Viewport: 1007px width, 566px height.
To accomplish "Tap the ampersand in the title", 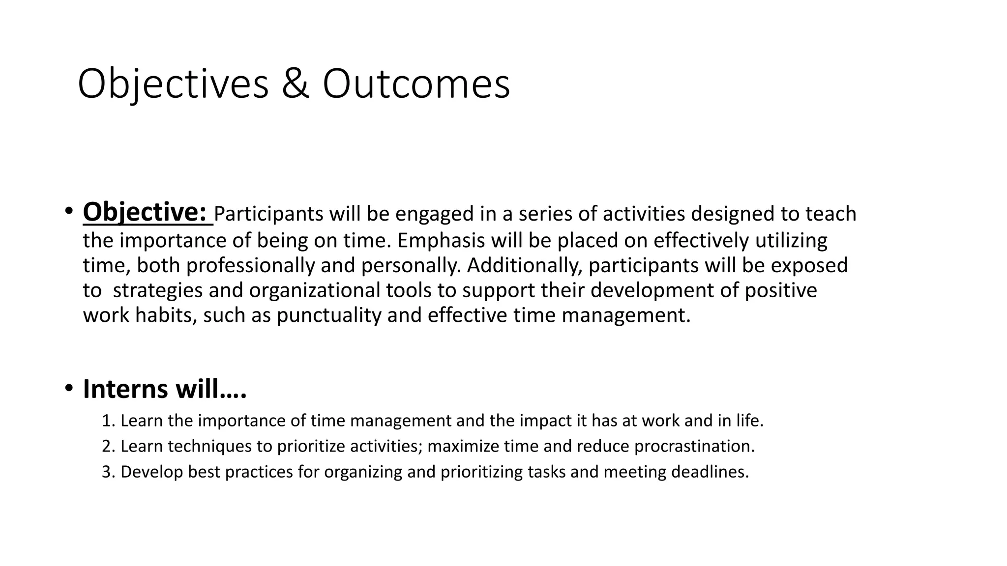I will pos(296,85).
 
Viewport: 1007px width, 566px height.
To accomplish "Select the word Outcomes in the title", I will pos(416,85).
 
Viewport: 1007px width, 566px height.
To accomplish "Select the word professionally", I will pos(250,265).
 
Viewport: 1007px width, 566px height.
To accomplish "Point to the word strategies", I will pos(158,290).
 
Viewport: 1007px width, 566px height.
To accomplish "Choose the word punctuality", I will pos(328,315).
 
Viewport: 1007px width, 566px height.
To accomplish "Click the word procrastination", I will pos(693,447).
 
